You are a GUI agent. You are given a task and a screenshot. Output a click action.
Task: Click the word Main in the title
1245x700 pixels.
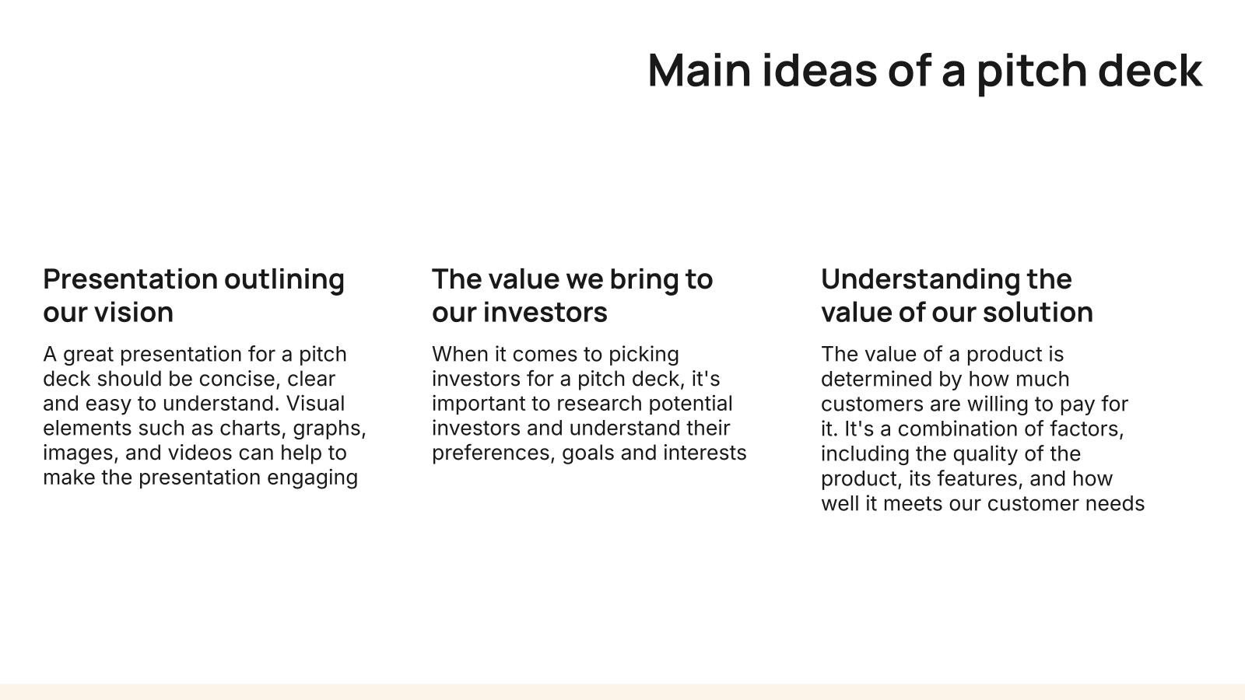[700, 71]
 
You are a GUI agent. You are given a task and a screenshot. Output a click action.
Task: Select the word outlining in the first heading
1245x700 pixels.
[284, 280]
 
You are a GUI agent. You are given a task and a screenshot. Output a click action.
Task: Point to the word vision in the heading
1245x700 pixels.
[133, 312]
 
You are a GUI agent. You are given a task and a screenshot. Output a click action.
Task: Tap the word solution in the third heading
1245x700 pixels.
[1038, 312]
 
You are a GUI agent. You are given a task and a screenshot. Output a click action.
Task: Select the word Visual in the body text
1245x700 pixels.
[315, 404]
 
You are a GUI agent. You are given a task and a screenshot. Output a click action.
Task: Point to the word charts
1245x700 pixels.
[253, 429]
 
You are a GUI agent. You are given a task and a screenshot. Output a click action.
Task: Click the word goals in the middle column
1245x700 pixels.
[588, 453]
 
